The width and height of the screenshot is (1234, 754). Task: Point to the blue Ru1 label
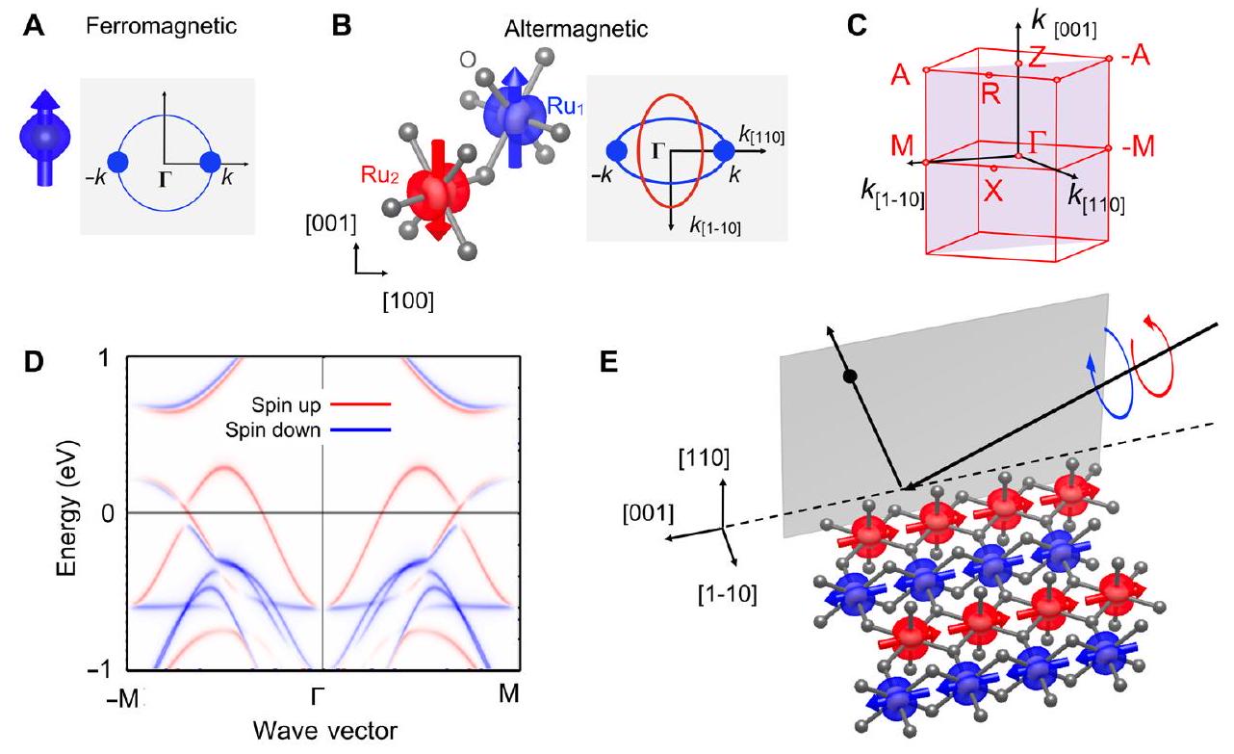[x=568, y=105]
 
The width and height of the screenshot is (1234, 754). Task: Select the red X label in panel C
[x=993, y=191]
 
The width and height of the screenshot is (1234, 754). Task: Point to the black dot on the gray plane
[x=849, y=375]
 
